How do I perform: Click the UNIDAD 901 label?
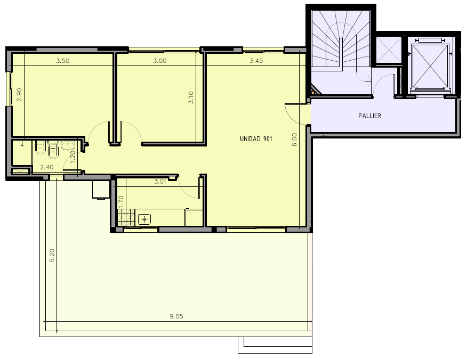[x=256, y=138]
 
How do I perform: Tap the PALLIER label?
[x=369, y=116]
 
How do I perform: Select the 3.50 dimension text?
[x=63, y=61]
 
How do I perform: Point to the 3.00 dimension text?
[x=160, y=61]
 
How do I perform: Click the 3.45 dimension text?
[x=256, y=61]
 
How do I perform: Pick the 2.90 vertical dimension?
[x=19, y=95]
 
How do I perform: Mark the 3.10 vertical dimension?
[x=191, y=97]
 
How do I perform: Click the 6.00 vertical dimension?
[x=294, y=140]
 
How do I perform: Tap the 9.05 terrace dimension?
[x=176, y=316]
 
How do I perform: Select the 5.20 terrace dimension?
[x=52, y=255]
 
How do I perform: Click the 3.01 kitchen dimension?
[x=160, y=181]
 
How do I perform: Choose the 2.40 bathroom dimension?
[x=47, y=167]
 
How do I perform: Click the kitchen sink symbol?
[x=144, y=219]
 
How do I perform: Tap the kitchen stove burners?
[x=126, y=217]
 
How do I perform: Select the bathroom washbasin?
[x=68, y=145]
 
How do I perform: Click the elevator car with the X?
[x=430, y=66]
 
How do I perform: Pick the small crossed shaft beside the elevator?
[x=389, y=50]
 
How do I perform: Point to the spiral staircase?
[x=341, y=39]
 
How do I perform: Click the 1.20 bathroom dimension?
[x=73, y=157]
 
